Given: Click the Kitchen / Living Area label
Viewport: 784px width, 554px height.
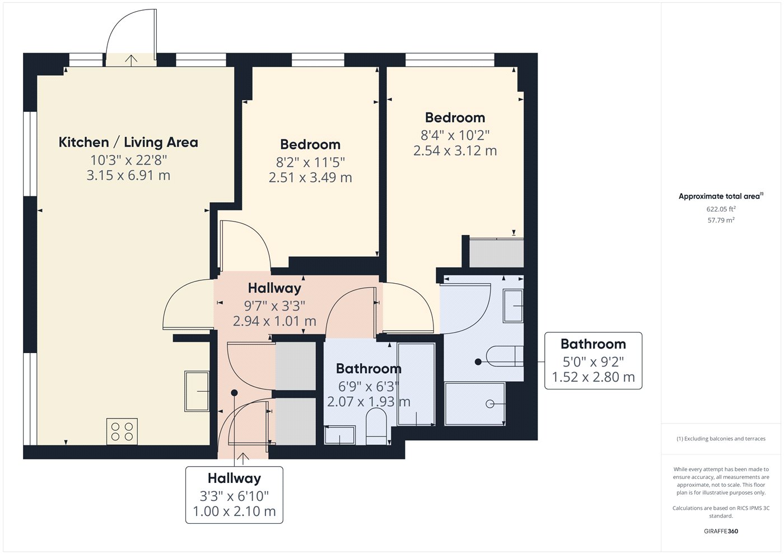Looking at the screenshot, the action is (128, 142).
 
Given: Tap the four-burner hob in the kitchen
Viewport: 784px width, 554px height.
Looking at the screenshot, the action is (122, 432).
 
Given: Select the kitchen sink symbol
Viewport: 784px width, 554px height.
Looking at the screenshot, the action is (197, 391).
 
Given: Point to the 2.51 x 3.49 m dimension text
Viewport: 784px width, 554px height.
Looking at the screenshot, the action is (310, 178).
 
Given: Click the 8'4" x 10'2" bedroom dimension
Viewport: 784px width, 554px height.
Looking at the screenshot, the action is (455, 135).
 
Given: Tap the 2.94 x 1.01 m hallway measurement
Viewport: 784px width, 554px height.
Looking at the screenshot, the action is (274, 321).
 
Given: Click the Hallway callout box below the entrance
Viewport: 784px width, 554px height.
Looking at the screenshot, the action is (234, 495).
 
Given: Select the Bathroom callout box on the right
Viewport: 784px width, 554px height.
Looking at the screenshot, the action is (593, 360).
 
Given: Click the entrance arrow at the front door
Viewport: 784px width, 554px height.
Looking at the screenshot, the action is (243, 458).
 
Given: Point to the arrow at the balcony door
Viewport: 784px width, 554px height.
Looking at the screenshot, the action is (131, 60).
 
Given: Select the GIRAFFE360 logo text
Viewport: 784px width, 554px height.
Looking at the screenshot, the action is (721, 531).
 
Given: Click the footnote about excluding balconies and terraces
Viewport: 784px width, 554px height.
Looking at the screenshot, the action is (721, 439).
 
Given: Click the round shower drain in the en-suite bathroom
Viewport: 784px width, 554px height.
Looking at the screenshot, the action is (490, 404).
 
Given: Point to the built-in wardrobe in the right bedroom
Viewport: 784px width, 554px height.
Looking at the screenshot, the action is (496, 252).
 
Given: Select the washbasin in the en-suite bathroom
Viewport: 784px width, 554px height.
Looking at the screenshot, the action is (513, 306).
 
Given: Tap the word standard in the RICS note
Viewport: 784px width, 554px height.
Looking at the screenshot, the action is (721, 516).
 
